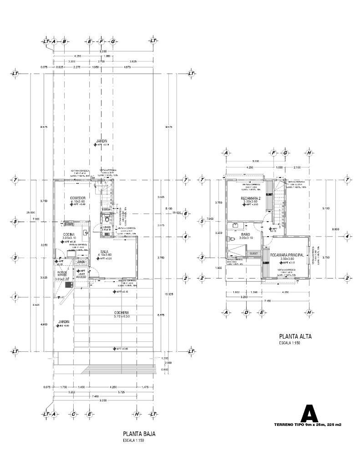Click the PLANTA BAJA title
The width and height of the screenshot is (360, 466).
139,434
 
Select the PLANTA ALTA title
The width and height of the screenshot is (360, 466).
295,337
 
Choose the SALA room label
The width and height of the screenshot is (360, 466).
105,250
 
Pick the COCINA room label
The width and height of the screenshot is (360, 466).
69,234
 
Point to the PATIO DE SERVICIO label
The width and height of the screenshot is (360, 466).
61,274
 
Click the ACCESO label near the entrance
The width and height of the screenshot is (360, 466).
81,276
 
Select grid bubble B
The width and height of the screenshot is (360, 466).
64,41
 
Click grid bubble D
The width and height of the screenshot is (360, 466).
246,312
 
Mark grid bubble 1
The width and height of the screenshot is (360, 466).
15,297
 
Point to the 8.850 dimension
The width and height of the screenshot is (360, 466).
335,229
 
